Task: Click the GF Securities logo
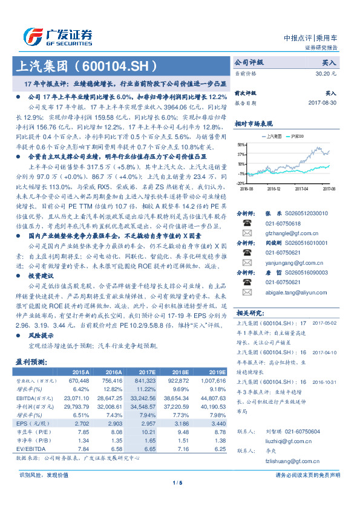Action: pos(58,36)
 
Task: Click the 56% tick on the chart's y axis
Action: pos(241,145)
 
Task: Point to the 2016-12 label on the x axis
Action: pos(273,189)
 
